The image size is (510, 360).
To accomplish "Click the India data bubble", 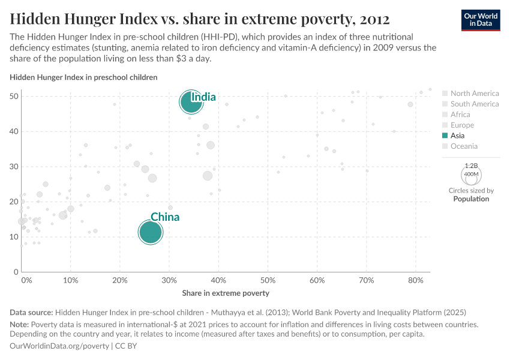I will point(191,102).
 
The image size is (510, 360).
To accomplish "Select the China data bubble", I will point(150,232).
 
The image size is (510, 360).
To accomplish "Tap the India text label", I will point(203,97).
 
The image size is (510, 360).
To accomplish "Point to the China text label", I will point(165,217).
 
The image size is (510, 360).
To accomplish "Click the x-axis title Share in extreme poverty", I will point(226,293).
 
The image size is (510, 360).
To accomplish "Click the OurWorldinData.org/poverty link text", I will point(59,346).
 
